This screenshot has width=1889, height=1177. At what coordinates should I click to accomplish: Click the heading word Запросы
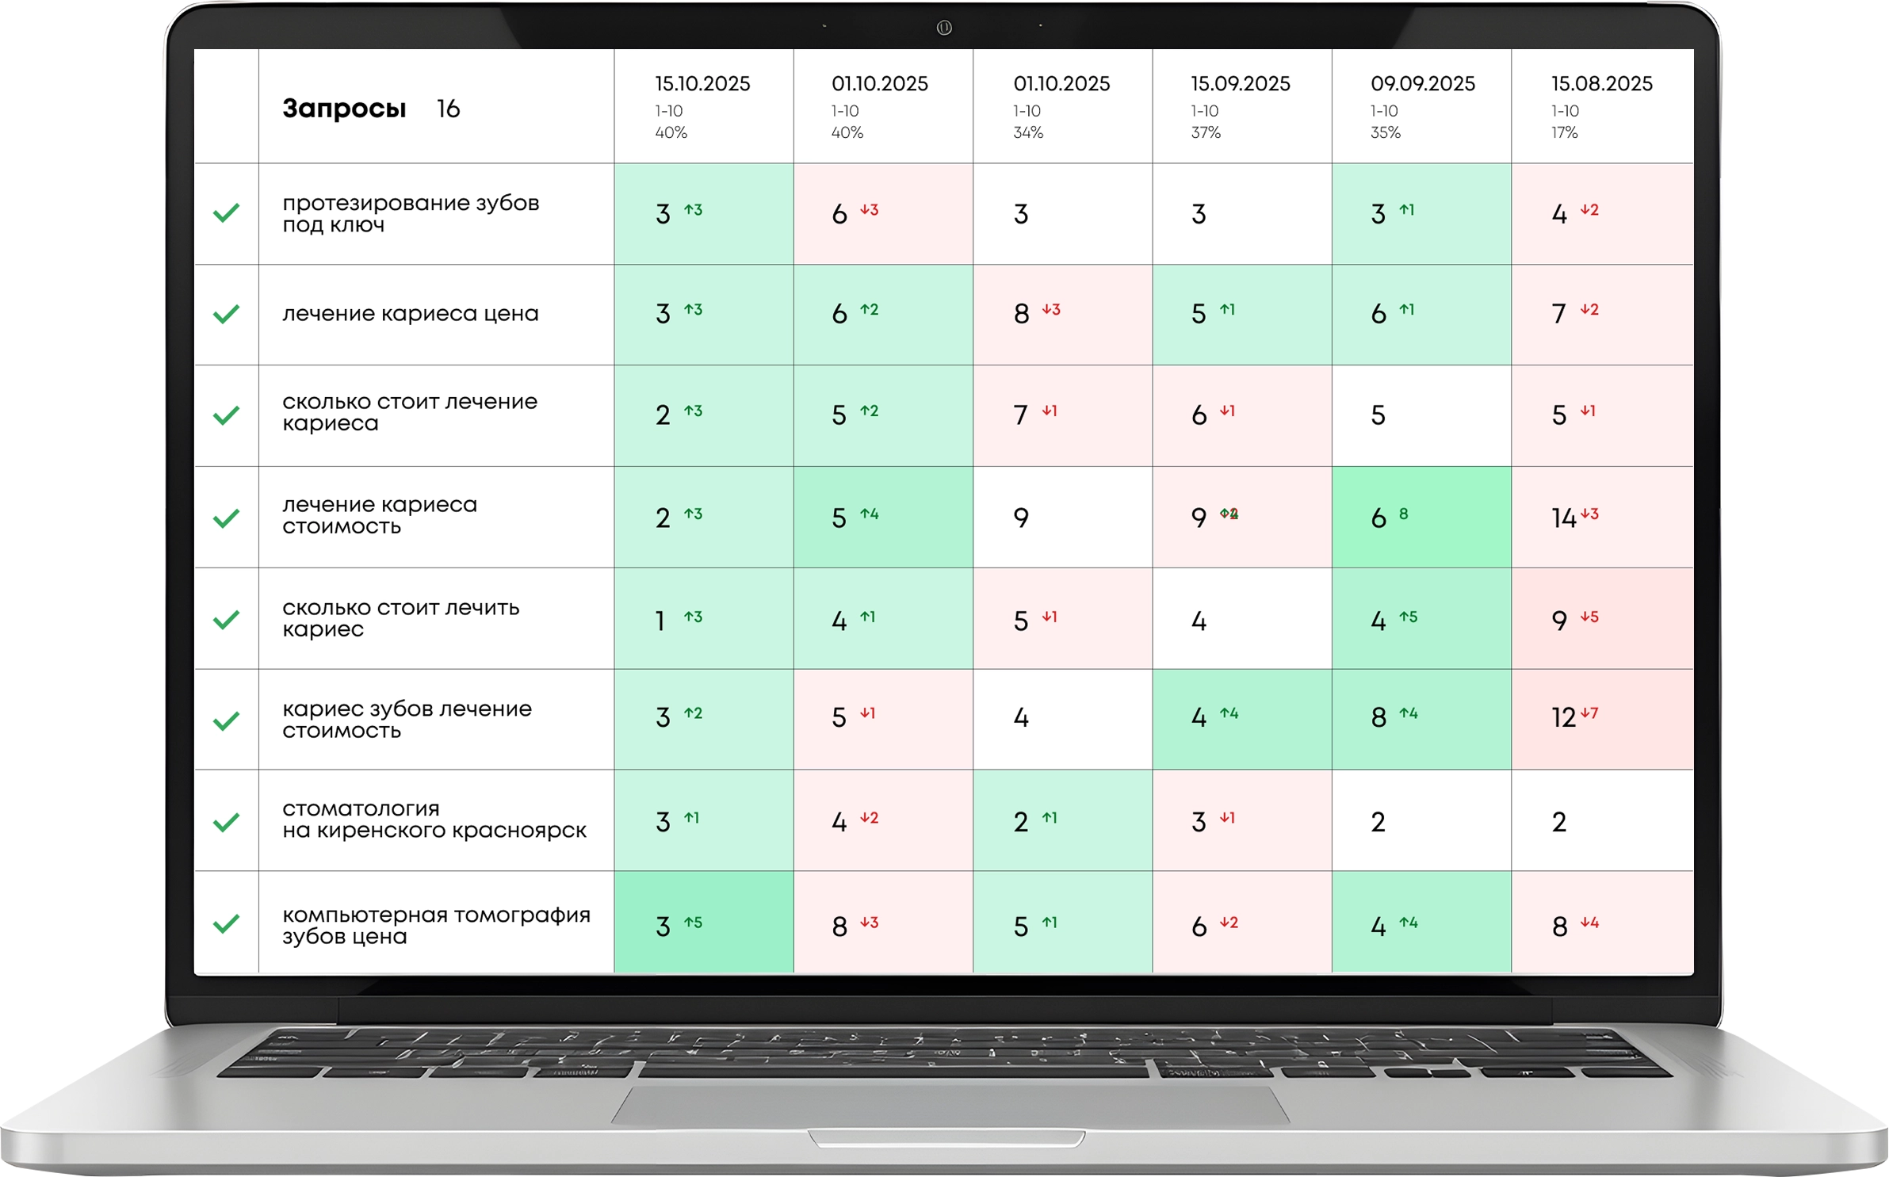(344, 109)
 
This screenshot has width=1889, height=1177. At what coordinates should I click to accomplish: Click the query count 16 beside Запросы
(448, 109)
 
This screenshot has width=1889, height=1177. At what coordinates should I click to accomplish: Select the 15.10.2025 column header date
(702, 84)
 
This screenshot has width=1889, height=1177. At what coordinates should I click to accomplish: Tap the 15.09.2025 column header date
(1240, 84)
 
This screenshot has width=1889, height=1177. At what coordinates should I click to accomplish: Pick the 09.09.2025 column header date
(1422, 84)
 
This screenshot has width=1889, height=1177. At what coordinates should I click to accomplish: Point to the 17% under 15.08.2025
(1564, 133)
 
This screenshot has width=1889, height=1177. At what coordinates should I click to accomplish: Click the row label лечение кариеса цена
(410, 314)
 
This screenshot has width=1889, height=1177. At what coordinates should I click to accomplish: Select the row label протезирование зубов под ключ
(410, 214)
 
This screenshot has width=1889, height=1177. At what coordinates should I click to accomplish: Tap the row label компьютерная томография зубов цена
(436, 925)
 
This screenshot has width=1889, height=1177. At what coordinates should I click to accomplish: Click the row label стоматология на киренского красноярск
(434, 820)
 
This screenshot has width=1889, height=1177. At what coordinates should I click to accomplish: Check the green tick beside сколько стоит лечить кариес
(227, 619)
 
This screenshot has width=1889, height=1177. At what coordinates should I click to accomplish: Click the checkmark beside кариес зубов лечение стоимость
(227, 720)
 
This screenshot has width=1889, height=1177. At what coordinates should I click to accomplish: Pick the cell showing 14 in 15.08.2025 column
(1564, 518)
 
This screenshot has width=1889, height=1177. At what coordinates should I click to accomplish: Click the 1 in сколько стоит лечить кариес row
(660, 621)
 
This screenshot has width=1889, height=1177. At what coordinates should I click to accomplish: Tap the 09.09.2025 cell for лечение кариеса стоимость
(1421, 518)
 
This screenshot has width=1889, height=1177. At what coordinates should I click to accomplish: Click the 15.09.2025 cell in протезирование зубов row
(1241, 214)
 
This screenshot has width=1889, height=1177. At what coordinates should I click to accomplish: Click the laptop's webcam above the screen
(943, 28)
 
